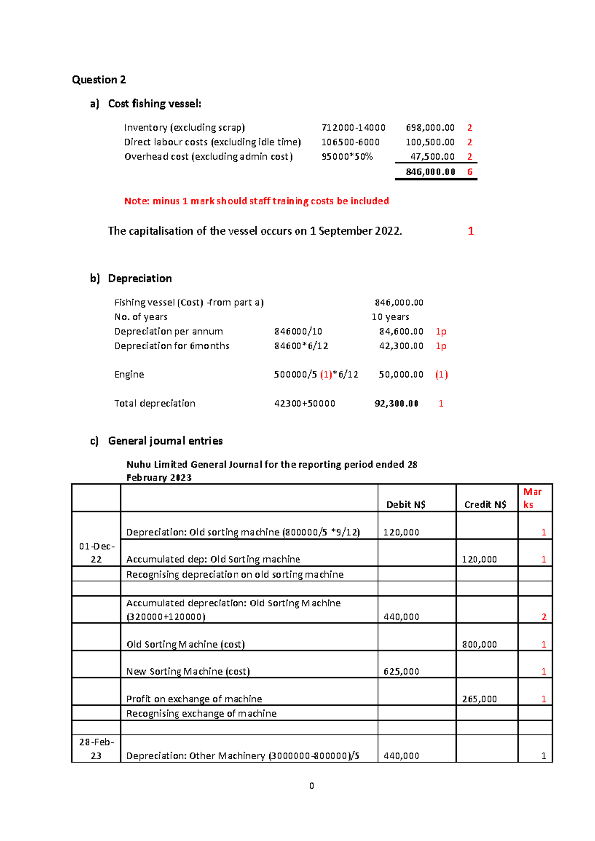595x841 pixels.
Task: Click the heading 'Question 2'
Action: tap(99, 80)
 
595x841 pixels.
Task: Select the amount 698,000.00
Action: tap(430, 128)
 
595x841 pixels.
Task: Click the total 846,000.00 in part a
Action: tap(430, 172)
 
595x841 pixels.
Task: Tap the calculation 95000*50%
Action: tap(347, 157)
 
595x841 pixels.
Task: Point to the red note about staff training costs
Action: tap(256, 201)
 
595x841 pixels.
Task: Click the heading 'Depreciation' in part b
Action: tap(139, 278)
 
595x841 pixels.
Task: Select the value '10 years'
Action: tap(390, 317)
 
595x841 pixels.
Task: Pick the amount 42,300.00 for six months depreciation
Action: tap(401, 346)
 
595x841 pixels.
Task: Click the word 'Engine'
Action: tap(129, 374)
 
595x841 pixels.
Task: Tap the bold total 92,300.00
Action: tap(396, 403)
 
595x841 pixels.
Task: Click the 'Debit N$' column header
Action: tap(406, 504)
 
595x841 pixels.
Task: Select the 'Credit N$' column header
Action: tap(485, 504)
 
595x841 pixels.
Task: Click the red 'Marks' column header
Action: tap(532, 498)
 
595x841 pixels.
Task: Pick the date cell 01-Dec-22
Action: tap(96, 552)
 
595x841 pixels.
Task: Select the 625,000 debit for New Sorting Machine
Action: tap(401, 671)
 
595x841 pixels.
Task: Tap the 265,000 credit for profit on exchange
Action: tap(479, 699)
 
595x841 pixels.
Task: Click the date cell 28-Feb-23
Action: tap(96, 748)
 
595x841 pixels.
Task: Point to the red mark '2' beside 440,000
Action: tap(544, 617)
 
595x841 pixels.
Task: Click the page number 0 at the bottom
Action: tap(311, 786)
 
